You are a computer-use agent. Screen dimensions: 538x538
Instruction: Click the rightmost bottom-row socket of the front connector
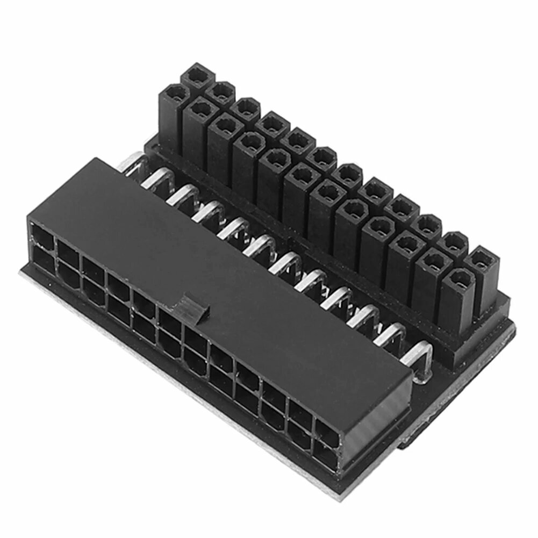325,456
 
